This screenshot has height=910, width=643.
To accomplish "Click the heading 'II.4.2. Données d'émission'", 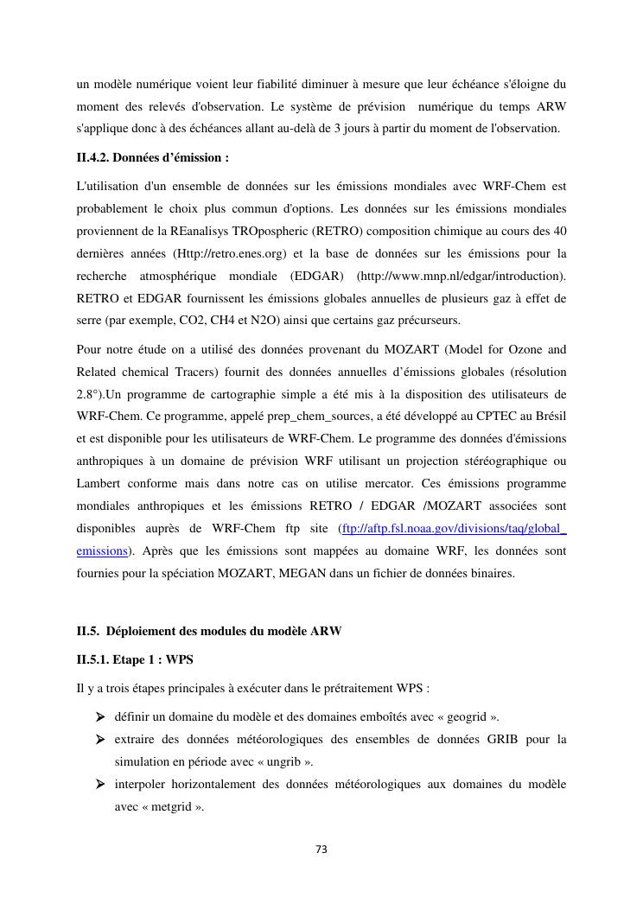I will click(153, 158).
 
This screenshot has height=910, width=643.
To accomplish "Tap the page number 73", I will click(321, 850).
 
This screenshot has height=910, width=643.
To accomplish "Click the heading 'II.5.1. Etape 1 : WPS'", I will click(135, 659).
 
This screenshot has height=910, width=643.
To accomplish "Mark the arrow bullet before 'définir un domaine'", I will click(101, 717).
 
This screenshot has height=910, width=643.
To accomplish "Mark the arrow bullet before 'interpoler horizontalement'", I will click(101, 785).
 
